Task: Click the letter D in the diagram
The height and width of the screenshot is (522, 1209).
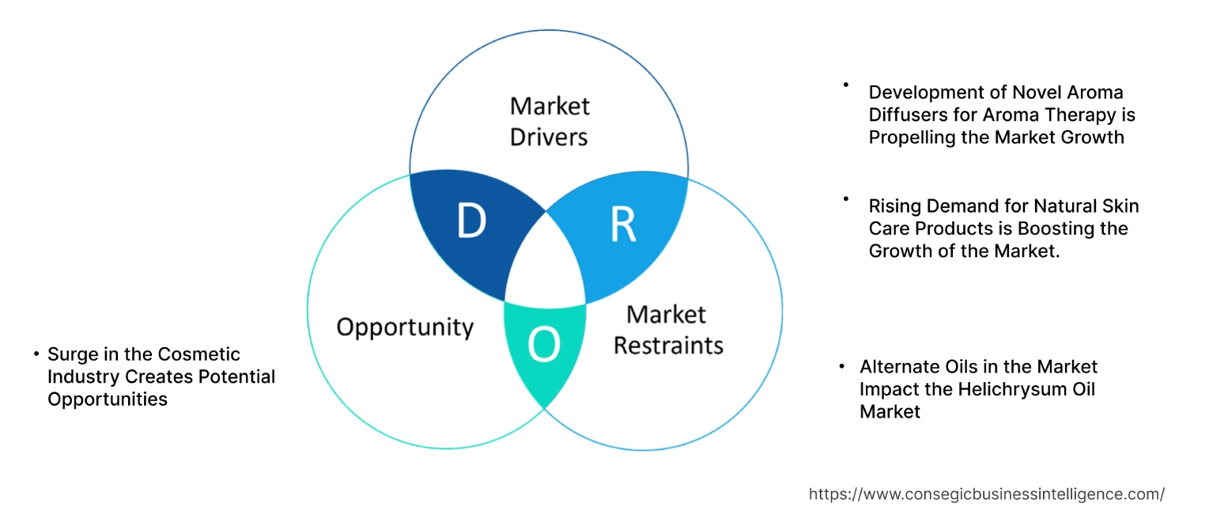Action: click(471, 222)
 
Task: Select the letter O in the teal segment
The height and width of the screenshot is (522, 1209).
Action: click(544, 345)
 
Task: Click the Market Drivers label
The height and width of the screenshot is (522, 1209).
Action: click(549, 121)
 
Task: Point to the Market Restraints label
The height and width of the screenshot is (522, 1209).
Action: click(668, 330)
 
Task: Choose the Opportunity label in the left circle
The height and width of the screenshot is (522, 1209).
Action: click(405, 327)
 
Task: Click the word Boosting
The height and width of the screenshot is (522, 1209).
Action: click(1060, 229)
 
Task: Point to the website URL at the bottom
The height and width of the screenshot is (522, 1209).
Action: click(986, 494)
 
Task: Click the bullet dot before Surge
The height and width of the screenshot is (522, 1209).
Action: click(36, 354)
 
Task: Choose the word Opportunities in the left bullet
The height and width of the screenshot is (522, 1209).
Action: click(108, 399)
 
